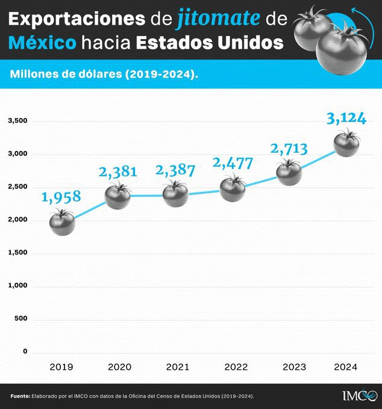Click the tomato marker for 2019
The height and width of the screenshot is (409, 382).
(x=61, y=223)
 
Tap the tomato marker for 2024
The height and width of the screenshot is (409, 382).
(x=346, y=144)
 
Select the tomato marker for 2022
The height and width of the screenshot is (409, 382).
(x=233, y=188)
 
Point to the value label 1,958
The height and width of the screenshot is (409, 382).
(x=61, y=197)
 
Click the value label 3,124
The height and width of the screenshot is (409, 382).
(x=346, y=118)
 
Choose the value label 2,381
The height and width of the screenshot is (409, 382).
(x=118, y=172)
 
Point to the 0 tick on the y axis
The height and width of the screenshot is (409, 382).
(x=25, y=351)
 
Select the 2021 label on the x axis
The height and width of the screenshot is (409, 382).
(x=177, y=367)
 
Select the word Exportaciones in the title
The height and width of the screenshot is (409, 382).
(x=77, y=20)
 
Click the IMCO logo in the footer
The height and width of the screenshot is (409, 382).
(x=360, y=395)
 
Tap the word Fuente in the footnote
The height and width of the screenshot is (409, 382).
(x=20, y=396)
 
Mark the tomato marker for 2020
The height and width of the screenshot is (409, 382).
(x=118, y=195)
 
